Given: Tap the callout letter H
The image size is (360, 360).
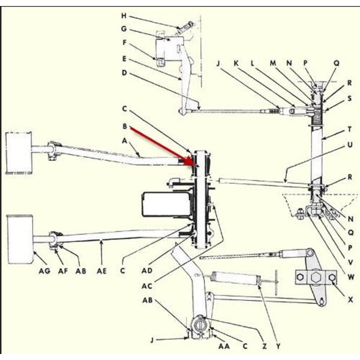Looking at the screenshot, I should (123, 16).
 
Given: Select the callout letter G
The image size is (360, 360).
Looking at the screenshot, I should (123, 28).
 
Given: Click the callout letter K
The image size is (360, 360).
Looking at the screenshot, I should (236, 62).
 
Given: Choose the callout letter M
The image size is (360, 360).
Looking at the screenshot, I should (272, 62).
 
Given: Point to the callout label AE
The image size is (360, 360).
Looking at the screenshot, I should (103, 271).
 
